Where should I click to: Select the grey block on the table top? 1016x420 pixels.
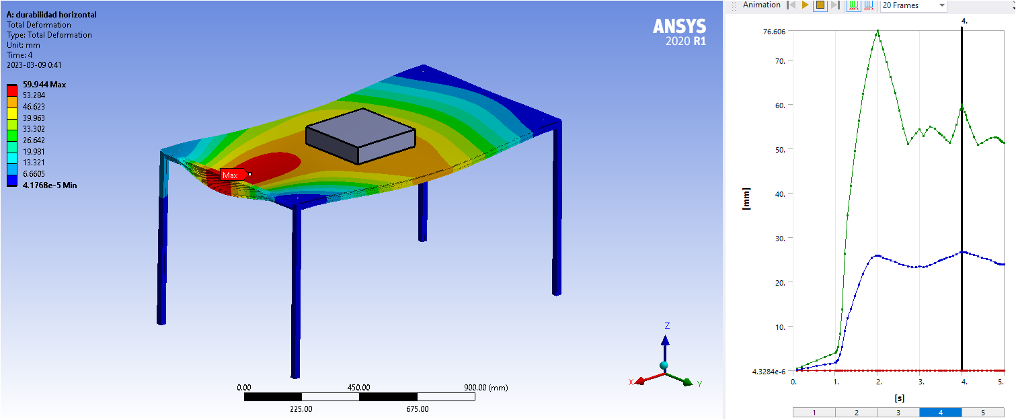click(360, 136)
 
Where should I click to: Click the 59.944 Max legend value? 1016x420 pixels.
click(44, 85)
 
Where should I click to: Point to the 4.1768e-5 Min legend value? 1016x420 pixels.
click(50, 185)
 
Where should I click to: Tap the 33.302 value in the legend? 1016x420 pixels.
click(34, 129)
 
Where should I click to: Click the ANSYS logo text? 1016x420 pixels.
click(679, 26)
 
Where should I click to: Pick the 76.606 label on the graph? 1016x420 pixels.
click(774, 32)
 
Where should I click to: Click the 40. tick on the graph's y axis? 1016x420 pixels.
click(780, 194)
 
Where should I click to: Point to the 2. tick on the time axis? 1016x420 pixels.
click(879, 382)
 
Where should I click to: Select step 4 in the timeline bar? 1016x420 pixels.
click(941, 413)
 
